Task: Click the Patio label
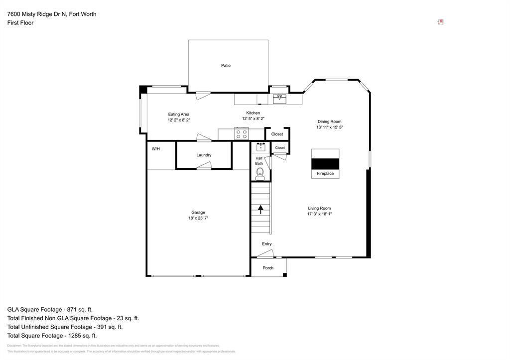[226, 65]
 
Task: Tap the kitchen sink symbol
[279, 99]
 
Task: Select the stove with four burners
[242, 133]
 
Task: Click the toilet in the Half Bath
[259, 173]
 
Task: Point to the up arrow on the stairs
[260, 209]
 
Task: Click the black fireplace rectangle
[325, 164]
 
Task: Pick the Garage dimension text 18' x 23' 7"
[198, 218]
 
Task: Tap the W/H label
[156, 149]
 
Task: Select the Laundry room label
[204, 155]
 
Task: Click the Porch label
[268, 268]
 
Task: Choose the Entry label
[267, 243]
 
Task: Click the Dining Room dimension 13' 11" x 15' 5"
[329, 127]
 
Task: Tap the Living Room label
[319, 208]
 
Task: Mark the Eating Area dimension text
[179, 120]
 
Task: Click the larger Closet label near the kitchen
[277, 134]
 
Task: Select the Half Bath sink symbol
[260, 146]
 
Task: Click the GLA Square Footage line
[50, 309]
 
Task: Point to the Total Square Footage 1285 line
[52, 336]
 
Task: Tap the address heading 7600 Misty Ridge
[52, 14]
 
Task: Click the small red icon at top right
[440, 22]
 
